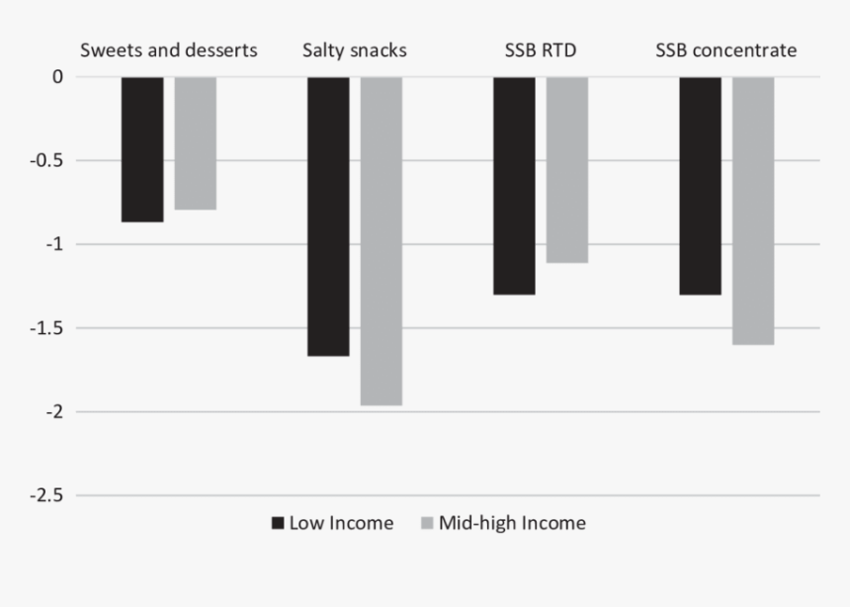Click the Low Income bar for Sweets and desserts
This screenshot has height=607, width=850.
pos(142,149)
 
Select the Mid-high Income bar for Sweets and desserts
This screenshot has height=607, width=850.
pos(196,143)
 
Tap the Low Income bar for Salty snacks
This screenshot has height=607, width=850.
pos(328,216)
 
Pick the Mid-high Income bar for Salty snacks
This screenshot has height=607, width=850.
pos(382,240)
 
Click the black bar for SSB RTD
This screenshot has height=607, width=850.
pos(514,185)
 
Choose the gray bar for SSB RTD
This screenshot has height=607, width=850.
pos(567,169)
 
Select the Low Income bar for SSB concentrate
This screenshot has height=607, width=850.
pos(700,185)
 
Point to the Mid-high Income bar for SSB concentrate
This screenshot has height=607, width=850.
pos(753,210)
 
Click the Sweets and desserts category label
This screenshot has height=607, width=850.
pos(169,50)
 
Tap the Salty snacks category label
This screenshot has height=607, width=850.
pos(355,50)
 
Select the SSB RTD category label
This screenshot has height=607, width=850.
pos(541,50)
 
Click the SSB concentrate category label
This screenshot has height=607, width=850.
pos(726,50)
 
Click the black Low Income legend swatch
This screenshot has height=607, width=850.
pos(278,523)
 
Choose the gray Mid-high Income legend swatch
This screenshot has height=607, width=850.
pos(427,523)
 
